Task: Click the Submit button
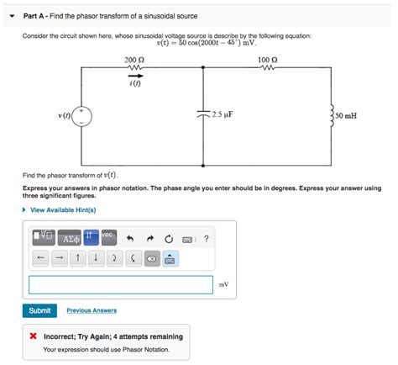tap(39, 310)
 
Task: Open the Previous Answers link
tap(92, 310)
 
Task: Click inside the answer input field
tap(120, 284)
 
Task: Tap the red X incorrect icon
tap(33, 336)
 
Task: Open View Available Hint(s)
tap(63, 209)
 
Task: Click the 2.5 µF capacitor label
tap(223, 114)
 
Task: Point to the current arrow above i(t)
tap(134, 74)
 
